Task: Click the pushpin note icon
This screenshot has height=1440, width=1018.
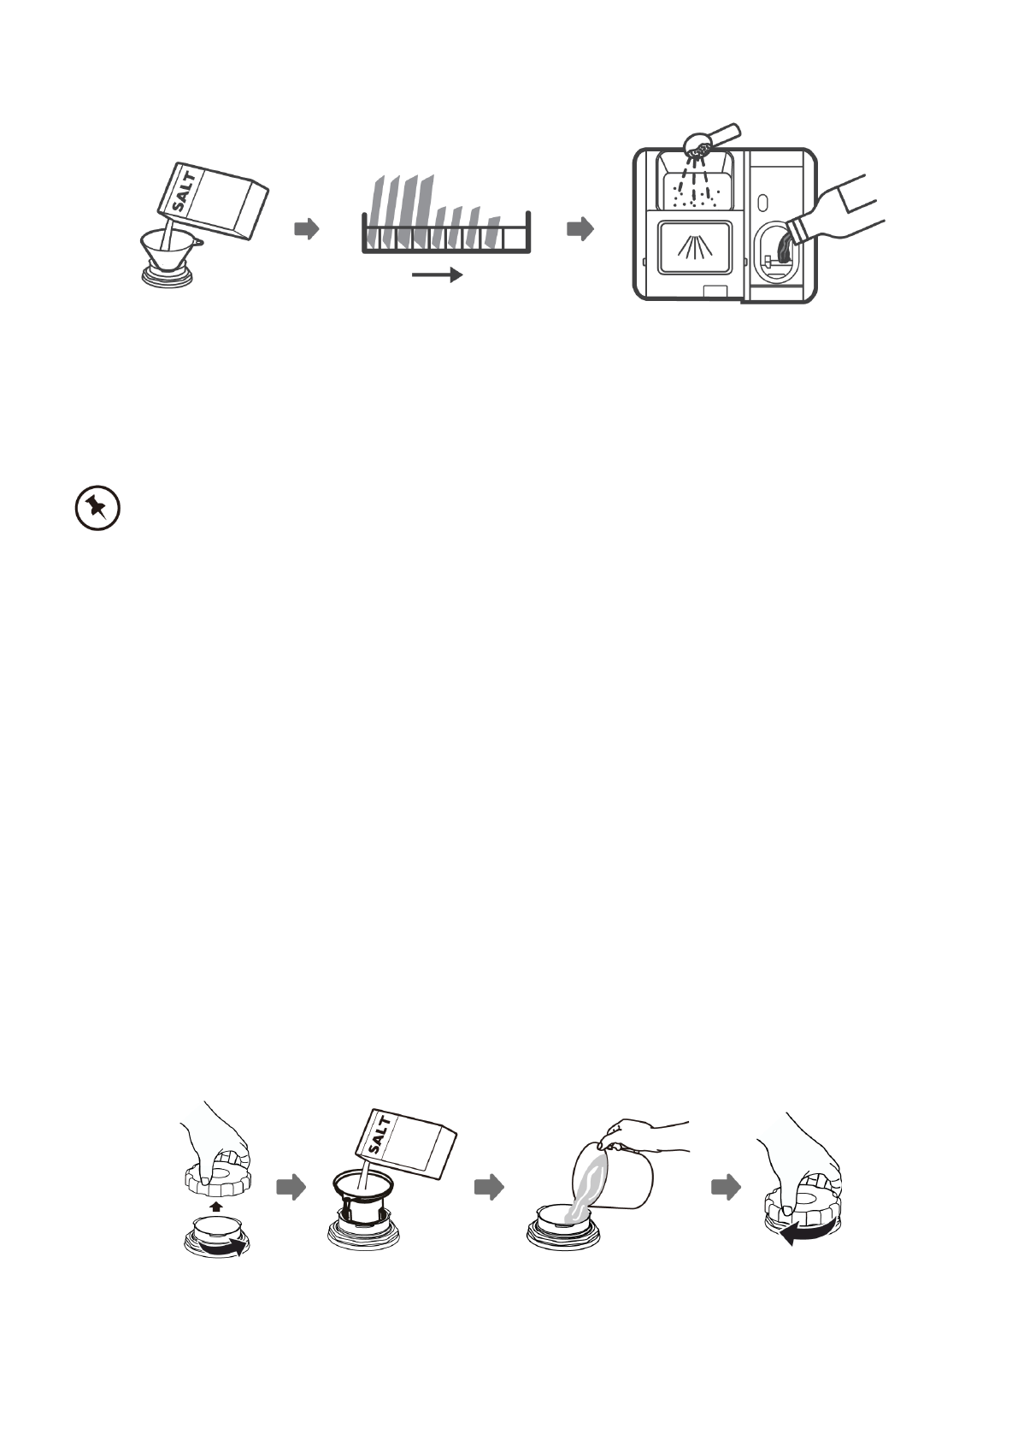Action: coord(97,510)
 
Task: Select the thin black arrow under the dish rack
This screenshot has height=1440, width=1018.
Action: coord(437,274)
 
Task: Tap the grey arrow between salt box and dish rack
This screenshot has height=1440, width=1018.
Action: coord(306,228)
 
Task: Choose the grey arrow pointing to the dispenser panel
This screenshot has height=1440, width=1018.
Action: coord(580,228)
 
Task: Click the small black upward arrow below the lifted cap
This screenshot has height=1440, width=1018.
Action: coord(216,1206)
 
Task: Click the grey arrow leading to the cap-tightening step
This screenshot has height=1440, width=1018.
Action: coord(726,1187)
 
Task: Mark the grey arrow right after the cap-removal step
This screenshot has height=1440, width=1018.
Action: coord(291,1187)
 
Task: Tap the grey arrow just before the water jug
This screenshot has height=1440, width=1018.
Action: coord(489,1187)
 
